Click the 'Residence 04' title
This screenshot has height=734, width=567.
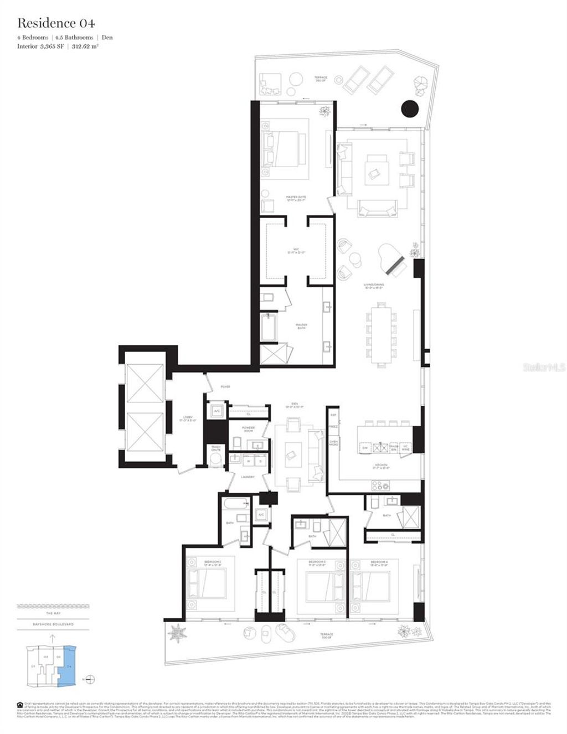click(x=56, y=23)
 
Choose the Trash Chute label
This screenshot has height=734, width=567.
click(x=215, y=449)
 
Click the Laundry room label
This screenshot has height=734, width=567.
click(x=247, y=477)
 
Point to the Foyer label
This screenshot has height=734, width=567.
click(x=225, y=386)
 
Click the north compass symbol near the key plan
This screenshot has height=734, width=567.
click(x=92, y=679)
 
